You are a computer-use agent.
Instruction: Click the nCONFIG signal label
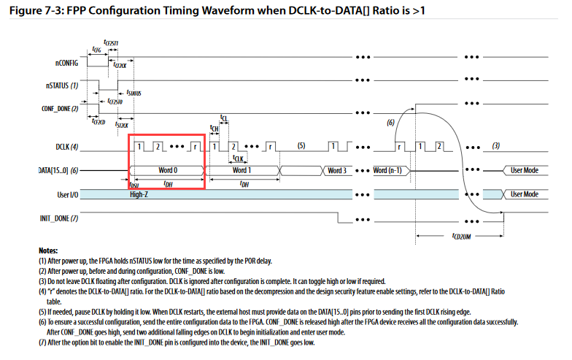point(63,64)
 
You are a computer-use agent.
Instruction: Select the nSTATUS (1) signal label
point(62,85)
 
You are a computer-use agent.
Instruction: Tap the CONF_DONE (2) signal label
point(58,107)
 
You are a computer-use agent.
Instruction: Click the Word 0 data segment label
point(168,170)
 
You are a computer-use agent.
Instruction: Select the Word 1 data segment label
point(242,170)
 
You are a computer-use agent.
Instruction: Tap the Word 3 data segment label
point(336,170)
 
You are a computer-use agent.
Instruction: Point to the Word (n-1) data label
point(391,170)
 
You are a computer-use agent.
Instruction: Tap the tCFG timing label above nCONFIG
point(97,50)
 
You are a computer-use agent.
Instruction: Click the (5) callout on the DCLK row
point(300,145)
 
